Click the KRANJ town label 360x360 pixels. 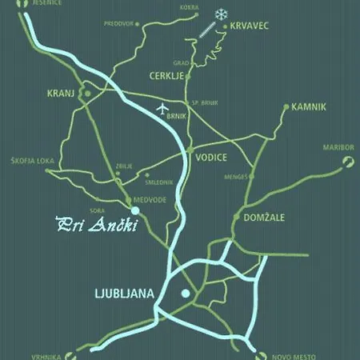(60, 94)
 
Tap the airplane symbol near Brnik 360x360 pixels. (165, 108)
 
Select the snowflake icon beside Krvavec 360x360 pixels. (220, 14)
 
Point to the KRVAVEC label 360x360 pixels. (249, 26)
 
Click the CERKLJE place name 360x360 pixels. (167, 76)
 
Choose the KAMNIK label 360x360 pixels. (309, 106)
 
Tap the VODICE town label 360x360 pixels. (211, 157)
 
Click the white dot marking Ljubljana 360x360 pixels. (186, 294)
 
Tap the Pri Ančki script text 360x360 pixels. (96, 225)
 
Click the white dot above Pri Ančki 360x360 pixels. (135, 210)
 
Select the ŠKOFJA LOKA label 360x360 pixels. (33, 160)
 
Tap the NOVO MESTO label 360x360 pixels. (294, 355)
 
